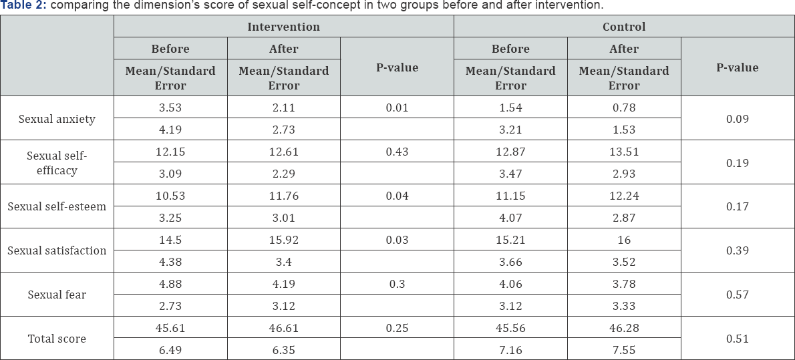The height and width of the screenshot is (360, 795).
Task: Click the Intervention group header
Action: pos(283,27)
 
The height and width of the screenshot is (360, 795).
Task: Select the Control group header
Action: pos(624,27)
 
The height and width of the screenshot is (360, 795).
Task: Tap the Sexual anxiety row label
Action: pos(57,119)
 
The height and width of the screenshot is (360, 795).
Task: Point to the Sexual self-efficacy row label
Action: pos(57,163)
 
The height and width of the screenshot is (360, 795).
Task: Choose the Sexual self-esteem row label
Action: pos(57,206)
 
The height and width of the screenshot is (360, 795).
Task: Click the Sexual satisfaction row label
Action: pos(57,250)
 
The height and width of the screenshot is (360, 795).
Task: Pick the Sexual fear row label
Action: pos(57,295)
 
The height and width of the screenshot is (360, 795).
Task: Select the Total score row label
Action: pos(57,339)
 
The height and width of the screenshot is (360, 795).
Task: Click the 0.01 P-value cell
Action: pos(397,108)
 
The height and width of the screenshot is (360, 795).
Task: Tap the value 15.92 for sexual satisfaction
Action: pos(283,240)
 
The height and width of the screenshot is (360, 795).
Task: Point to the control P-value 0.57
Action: pos(738,295)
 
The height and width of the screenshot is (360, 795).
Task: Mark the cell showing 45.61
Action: pos(170,328)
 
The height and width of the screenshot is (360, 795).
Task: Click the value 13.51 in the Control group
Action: pos(624,152)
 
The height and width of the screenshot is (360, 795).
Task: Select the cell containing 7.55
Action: pos(624,350)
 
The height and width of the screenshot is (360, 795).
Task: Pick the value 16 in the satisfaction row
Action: pos(624,240)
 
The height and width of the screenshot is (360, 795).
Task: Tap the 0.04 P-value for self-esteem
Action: pos(397,196)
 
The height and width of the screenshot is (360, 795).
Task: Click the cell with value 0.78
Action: pos(624,108)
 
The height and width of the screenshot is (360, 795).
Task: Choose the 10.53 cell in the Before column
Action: pos(170,196)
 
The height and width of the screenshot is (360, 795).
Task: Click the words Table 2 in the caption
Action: pos(21,5)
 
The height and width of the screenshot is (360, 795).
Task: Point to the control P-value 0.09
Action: pos(738,119)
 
